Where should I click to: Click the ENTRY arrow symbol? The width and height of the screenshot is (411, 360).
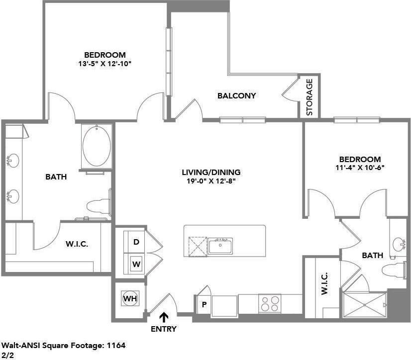164,316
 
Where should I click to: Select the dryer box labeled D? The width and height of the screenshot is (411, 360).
136,242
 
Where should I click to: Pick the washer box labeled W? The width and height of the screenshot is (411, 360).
136,264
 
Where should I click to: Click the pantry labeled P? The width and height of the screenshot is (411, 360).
203,304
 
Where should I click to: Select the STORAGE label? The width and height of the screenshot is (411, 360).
309,97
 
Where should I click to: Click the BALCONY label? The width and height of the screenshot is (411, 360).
236,95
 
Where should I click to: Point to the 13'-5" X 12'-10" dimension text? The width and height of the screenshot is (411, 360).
104,64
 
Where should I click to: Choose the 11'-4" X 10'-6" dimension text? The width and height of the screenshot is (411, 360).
360,168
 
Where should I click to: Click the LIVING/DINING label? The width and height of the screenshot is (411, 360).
211,172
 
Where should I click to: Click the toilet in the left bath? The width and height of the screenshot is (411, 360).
97,205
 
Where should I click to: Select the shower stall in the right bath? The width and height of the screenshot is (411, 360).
365,305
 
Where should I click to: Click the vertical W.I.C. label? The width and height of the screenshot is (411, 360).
324,284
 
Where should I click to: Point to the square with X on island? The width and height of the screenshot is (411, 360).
197,246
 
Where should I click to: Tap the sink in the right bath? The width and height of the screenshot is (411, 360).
399,244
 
